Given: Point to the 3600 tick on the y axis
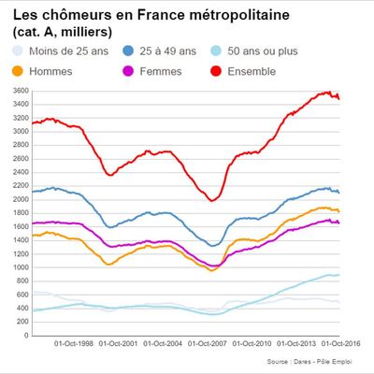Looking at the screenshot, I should coord(18,90).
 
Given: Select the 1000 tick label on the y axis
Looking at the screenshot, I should coord(18,267).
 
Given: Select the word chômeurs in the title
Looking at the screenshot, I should coord(78,16).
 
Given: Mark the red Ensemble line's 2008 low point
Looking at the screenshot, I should coord(212,200).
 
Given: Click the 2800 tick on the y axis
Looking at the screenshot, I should coord(18,145).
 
